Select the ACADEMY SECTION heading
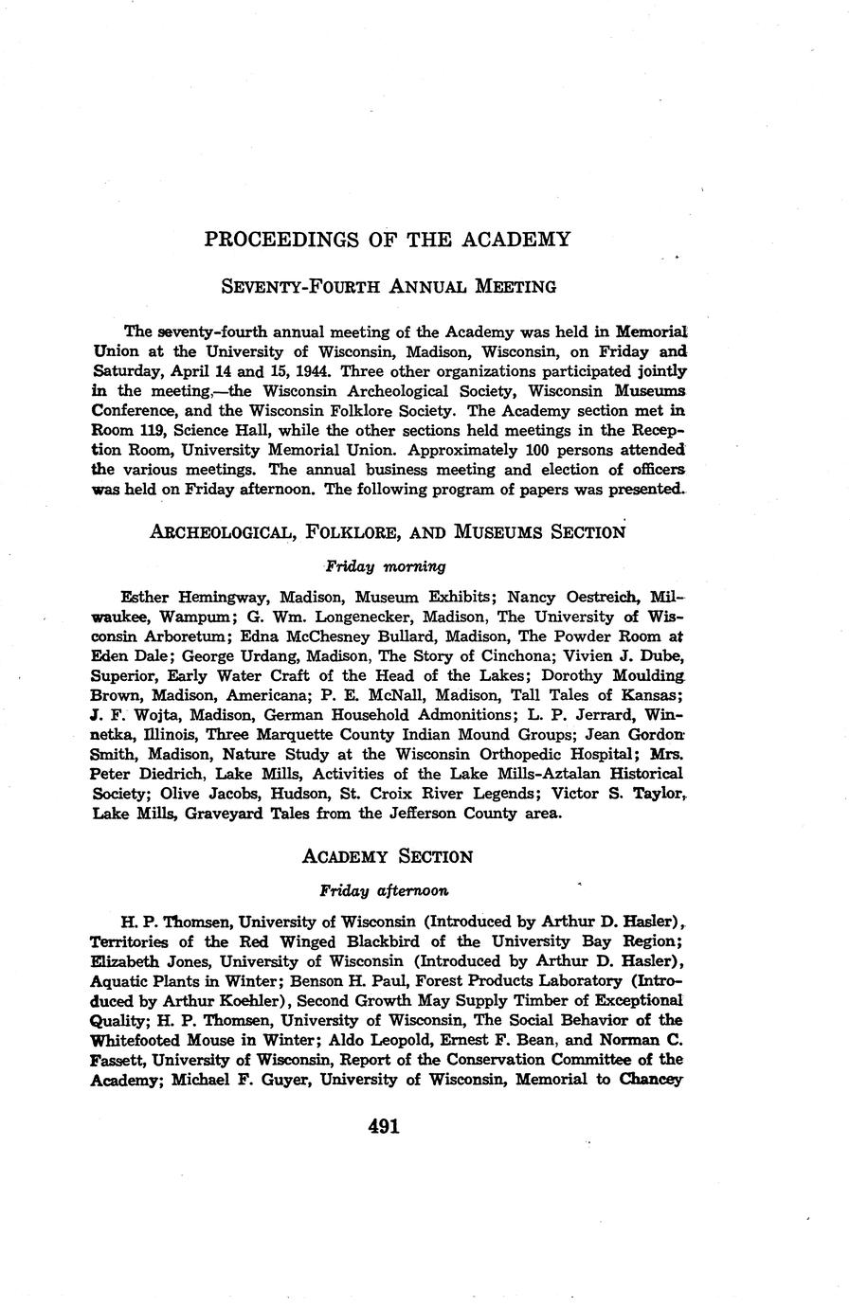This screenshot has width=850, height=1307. (387, 857)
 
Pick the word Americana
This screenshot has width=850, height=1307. (265, 695)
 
